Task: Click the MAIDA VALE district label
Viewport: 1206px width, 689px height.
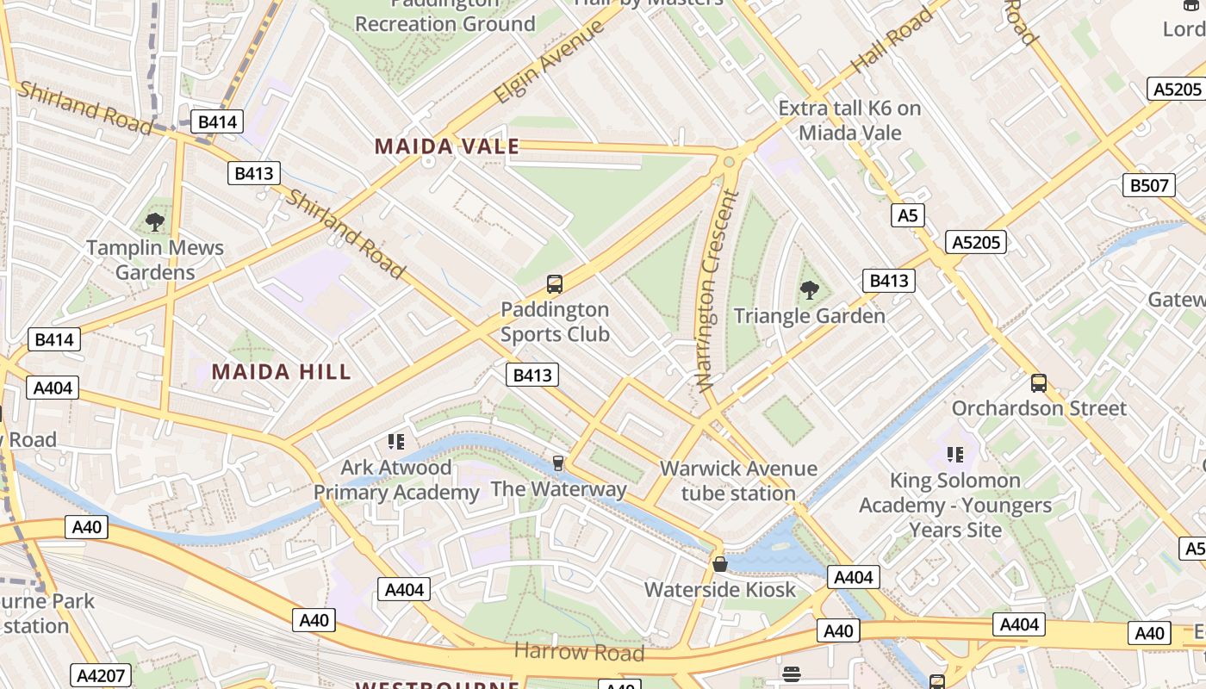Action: tap(447, 146)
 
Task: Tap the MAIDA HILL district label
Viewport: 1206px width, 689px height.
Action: tap(282, 372)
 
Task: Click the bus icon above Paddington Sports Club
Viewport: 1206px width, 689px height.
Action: tap(555, 283)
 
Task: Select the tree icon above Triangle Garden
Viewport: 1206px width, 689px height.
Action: tap(809, 289)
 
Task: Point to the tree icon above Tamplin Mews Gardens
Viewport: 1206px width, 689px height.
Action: tap(155, 222)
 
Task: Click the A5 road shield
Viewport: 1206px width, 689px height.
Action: tap(908, 215)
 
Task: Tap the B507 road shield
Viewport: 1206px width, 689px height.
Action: tap(1149, 185)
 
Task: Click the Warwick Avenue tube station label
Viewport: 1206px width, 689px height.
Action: tap(738, 481)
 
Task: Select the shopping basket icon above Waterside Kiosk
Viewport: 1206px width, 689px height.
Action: tap(720, 564)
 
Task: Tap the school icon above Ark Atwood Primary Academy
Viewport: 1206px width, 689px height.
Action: tap(395, 442)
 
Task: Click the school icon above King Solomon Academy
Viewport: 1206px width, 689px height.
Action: tap(954, 454)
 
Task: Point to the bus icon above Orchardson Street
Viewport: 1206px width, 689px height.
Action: tap(1039, 382)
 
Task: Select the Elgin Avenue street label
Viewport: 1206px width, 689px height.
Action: tap(549, 62)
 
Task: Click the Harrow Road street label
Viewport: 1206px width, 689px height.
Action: tap(579, 652)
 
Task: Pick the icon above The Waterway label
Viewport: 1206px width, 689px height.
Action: tap(557, 463)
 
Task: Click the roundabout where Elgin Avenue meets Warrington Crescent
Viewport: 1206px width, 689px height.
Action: tap(730, 160)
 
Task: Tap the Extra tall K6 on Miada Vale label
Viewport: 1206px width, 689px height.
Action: tap(849, 121)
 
